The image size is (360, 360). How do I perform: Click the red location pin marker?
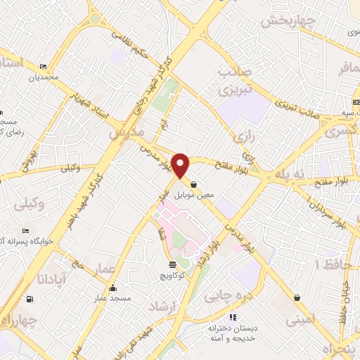coord(182,165)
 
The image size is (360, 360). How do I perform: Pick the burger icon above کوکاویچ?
coord(173,264)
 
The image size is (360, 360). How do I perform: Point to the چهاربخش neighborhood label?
coord(286,22)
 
